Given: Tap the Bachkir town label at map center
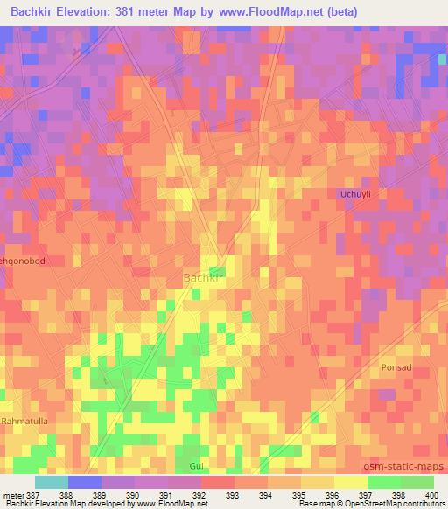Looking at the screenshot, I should (205, 278).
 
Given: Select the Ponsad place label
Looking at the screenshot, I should (395, 368).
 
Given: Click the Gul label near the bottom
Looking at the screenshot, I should (195, 465).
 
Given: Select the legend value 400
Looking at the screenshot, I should (426, 495).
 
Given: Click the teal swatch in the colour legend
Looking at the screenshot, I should (51, 482).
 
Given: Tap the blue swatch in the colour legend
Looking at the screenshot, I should (84, 482).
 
